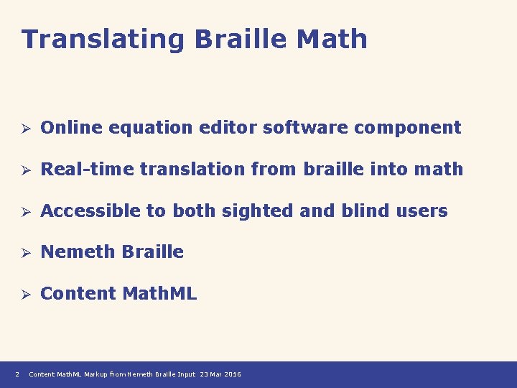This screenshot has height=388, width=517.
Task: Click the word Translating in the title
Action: [103, 40]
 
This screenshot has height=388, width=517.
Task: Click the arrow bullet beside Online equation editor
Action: [24, 129]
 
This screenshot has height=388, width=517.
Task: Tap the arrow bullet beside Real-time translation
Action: [24, 170]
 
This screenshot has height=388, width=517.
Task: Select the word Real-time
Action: [88, 170]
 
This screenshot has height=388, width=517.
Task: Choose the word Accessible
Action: [93, 211]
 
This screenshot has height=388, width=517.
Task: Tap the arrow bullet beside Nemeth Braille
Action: [24, 253]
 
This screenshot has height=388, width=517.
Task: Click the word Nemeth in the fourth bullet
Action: [78, 252]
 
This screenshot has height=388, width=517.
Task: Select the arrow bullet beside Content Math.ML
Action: [24, 295]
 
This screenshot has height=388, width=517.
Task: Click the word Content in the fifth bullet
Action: [78, 294]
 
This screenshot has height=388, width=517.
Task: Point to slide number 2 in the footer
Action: [17, 374]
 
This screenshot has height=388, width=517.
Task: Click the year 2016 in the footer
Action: [233, 374]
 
